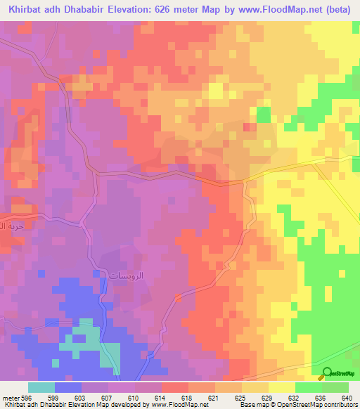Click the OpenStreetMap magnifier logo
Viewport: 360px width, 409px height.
tap(326, 373)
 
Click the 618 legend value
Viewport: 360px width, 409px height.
tap(173, 398)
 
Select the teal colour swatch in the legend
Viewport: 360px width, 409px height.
tap(41, 387)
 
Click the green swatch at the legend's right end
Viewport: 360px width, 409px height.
tap(335, 387)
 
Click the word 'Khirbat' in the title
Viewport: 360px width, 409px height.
tap(22, 10)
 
